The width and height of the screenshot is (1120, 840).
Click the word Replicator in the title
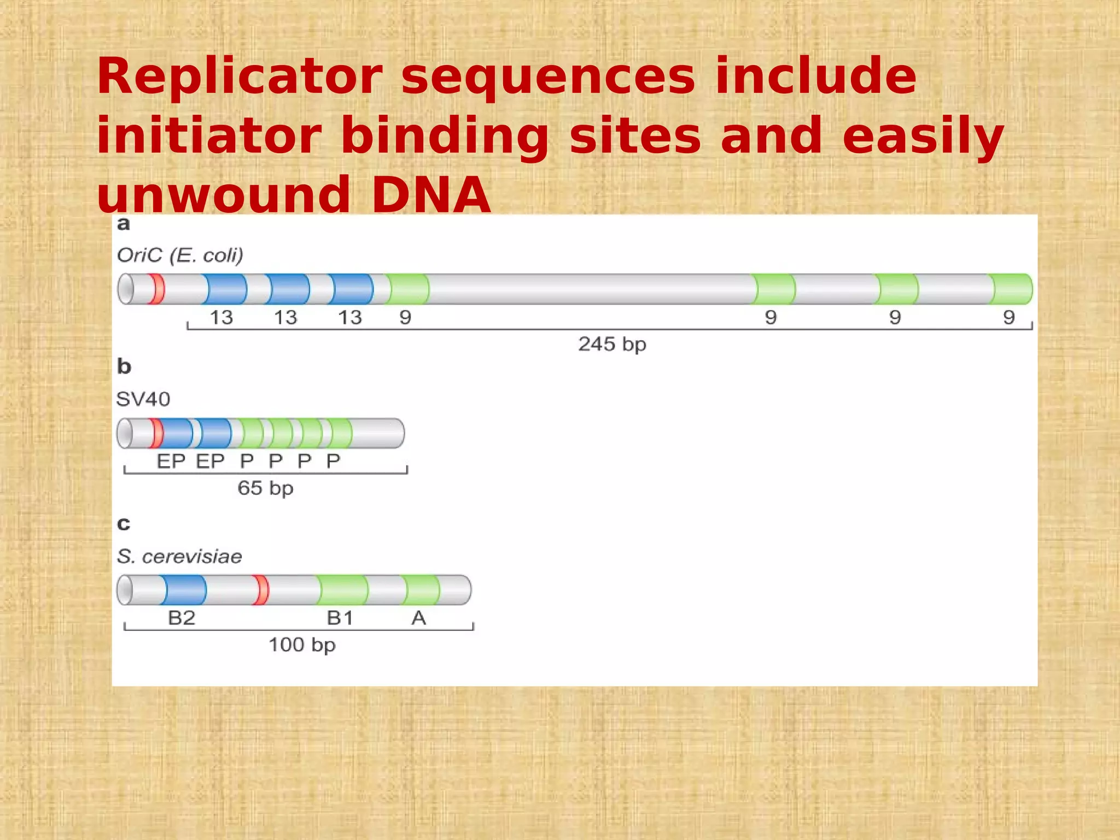pos(240,77)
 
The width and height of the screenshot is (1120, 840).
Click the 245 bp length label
pos(612,345)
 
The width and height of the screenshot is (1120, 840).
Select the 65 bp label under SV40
pos(265,488)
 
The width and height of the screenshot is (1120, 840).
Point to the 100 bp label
pos(302,645)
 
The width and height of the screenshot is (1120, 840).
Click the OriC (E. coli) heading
pos(180,255)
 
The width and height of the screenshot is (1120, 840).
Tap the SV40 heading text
pos(143,399)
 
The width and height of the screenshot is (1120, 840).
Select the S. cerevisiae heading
pos(179,557)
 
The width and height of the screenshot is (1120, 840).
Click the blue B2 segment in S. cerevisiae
pos(185,590)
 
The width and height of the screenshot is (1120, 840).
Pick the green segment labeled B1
pos(343,590)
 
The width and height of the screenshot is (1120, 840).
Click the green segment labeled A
pos(422,590)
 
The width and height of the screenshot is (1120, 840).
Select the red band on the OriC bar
pos(156,289)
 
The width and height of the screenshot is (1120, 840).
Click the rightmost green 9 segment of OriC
pos(1012,289)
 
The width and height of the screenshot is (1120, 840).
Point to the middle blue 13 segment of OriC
pos(289,289)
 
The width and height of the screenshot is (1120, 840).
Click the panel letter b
pos(124,366)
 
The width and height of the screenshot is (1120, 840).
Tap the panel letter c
pos(124,524)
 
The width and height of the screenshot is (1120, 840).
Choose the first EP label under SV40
pos(171,462)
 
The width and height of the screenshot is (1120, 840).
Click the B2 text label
pos(182,618)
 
